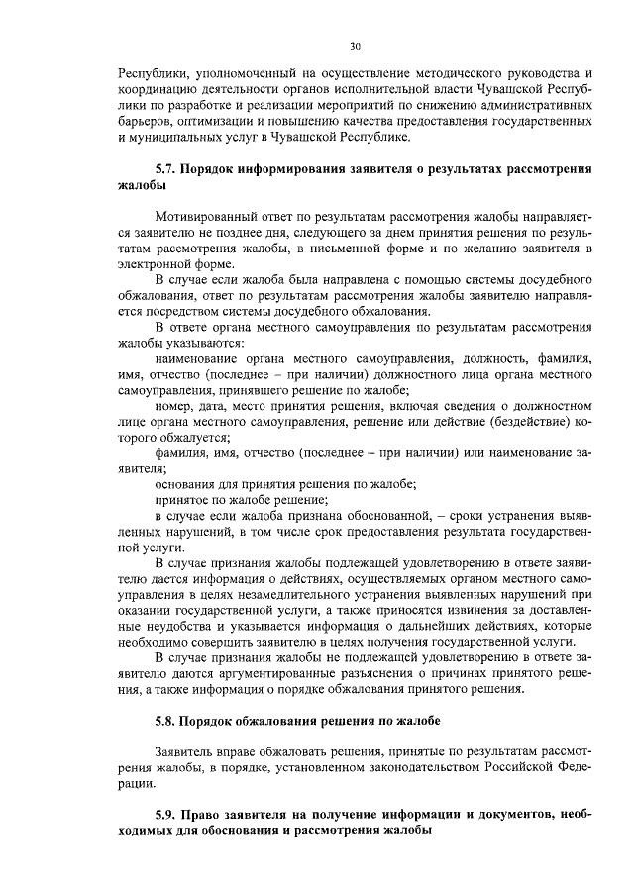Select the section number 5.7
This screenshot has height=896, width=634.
(x=168, y=169)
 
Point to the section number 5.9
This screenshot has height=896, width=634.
(x=168, y=815)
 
